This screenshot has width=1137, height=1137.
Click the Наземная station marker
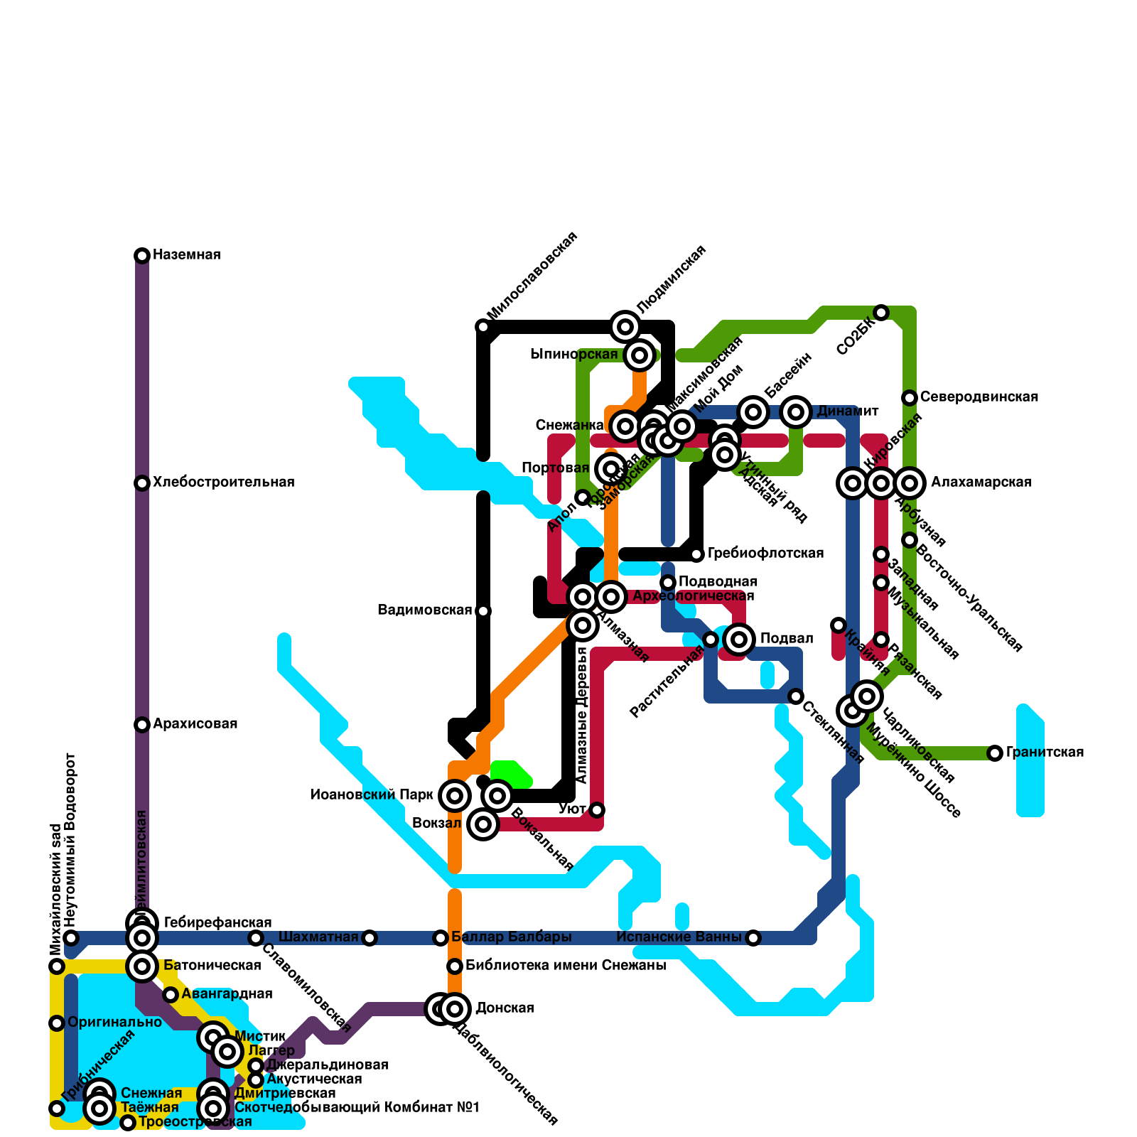[x=142, y=256]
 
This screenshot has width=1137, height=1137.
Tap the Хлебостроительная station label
[x=223, y=483]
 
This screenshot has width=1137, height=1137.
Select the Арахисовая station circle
[x=142, y=725]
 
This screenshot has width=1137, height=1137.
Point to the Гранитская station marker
[x=995, y=753]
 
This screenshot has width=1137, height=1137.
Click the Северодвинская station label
[x=979, y=397]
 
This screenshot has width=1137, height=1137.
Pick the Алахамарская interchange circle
[x=910, y=483]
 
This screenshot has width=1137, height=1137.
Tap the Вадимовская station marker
[x=483, y=611]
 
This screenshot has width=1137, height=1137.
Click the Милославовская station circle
[x=483, y=327]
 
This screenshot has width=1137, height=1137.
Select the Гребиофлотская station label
[x=765, y=554]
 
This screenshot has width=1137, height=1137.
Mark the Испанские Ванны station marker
[x=753, y=938]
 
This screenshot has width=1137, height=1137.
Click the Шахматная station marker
[x=369, y=938]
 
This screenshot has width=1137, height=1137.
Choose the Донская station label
[x=505, y=1008]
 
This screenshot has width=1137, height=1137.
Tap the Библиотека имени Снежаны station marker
[x=455, y=966]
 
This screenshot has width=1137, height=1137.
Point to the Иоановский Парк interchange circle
[x=455, y=795]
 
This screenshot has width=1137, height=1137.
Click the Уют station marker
[x=597, y=810]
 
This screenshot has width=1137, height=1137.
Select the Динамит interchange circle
[x=796, y=412]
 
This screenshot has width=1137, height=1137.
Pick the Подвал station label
[x=786, y=639]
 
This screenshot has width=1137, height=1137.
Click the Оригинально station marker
[x=57, y=1023]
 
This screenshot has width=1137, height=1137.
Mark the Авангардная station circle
[x=171, y=995]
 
